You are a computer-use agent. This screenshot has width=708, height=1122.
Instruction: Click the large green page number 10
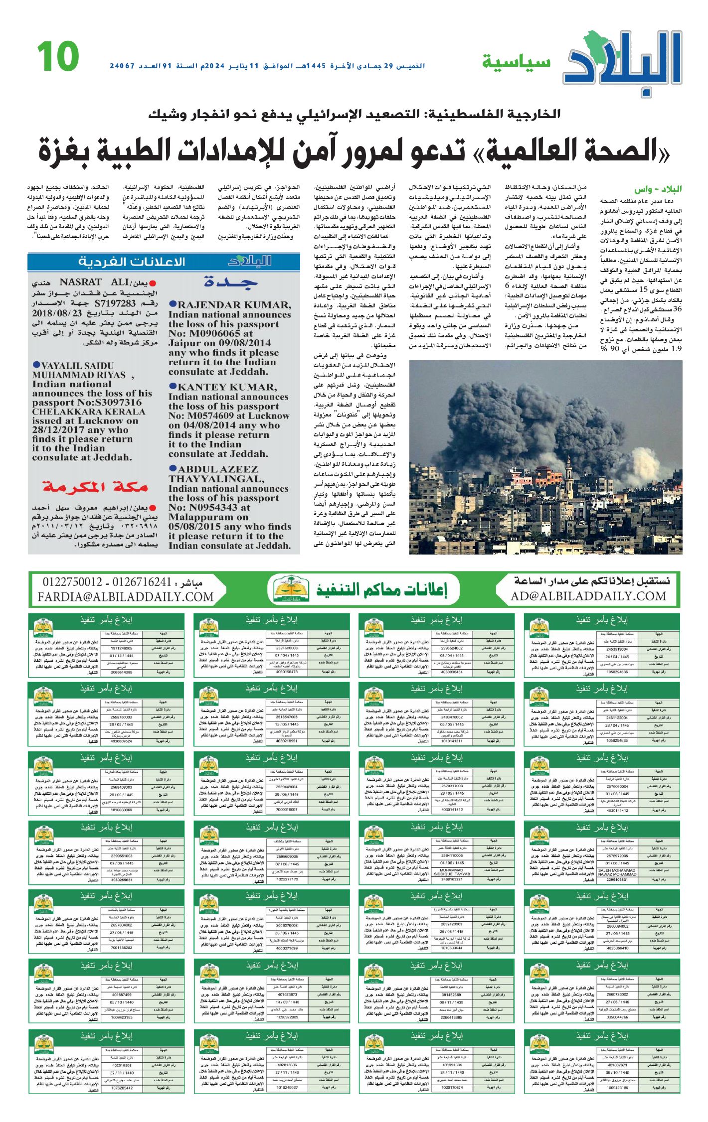(x=58, y=56)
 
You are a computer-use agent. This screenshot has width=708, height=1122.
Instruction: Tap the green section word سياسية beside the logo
(x=516, y=62)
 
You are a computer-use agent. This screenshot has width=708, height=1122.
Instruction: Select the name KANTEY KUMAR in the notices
(x=227, y=387)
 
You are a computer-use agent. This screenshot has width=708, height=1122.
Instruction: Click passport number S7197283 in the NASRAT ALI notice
(x=115, y=303)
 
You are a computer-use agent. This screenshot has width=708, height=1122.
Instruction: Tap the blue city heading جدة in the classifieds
(x=230, y=282)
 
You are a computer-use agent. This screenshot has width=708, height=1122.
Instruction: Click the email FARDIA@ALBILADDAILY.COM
(x=125, y=596)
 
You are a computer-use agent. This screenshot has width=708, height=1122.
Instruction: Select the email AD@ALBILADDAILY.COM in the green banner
(x=588, y=596)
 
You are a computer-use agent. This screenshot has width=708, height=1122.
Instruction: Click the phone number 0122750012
(x=72, y=582)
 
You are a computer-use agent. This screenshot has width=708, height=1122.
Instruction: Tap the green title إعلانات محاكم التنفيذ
(x=381, y=590)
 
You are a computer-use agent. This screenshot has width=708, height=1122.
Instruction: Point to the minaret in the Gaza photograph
(x=568, y=471)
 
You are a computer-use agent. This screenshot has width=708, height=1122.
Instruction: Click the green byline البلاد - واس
(x=658, y=189)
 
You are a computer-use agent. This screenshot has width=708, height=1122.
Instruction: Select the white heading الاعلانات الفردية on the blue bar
(x=132, y=262)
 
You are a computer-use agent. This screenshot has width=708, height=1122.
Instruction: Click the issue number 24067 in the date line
(x=123, y=66)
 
